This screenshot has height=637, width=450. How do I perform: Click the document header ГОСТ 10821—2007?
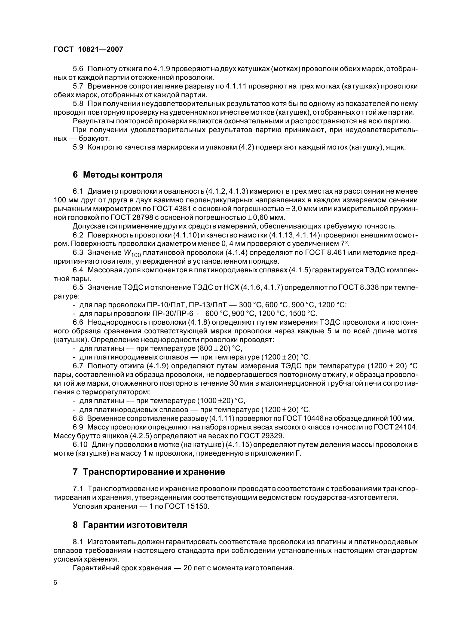click(x=88, y=50)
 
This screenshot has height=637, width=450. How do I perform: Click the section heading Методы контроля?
click(x=118, y=175)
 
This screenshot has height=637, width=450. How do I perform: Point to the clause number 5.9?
click(x=78, y=147)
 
